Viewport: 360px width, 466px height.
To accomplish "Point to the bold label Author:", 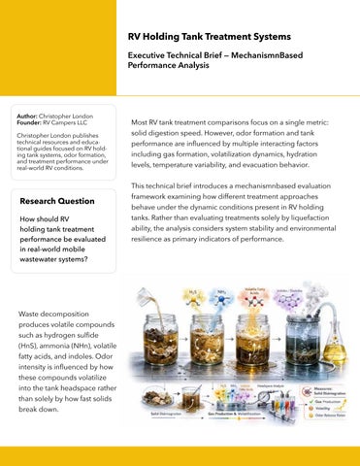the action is click(32, 115).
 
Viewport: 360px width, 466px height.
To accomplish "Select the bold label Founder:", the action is click(35, 121).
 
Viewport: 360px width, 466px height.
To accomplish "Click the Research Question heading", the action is click(57, 201).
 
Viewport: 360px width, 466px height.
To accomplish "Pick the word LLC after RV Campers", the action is click(80, 121).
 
